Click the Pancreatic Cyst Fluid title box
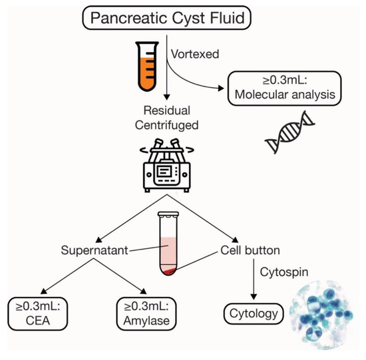[x=166, y=18]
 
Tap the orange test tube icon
[x=147, y=67]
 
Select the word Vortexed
[x=195, y=54]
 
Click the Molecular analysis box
[x=285, y=89]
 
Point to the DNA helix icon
[x=289, y=132]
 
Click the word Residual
[x=167, y=110]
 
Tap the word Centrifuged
[x=166, y=125]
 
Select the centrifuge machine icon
[x=166, y=165]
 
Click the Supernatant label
[x=94, y=250]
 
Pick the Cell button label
[x=250, y=250]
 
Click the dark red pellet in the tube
[x=170, y=271]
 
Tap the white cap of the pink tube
[x=168, y=214]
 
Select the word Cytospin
[x=284, y=272]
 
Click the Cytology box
[x=254, y=314]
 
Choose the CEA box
[x=38, y=313]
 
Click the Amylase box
[x=146, y=313]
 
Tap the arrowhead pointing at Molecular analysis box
[x=221, y=89]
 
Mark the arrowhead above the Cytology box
[x=254, y=297]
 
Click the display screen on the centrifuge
[x=164, y=172]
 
